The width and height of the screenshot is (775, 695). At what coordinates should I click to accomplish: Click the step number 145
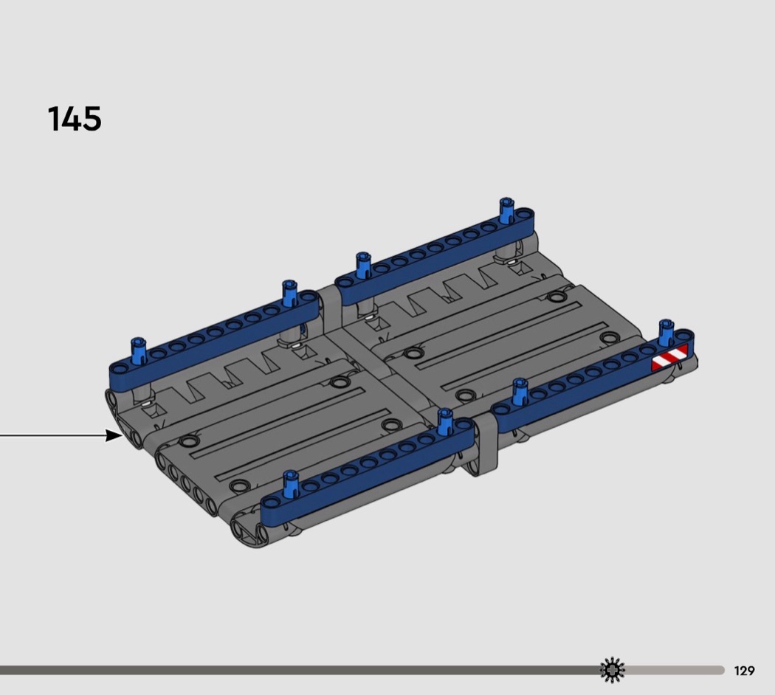(x=75, y=119)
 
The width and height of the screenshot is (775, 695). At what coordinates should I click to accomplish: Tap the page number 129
(x=744, y=671)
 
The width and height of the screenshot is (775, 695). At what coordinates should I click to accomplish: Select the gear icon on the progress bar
(x=612, y=670)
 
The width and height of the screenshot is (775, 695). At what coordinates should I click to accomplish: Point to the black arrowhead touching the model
(x=114, y=435)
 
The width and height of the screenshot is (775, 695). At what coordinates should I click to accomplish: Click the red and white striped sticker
(x=669, y=358)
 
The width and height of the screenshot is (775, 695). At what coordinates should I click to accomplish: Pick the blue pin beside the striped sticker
(x=666, y=331)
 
